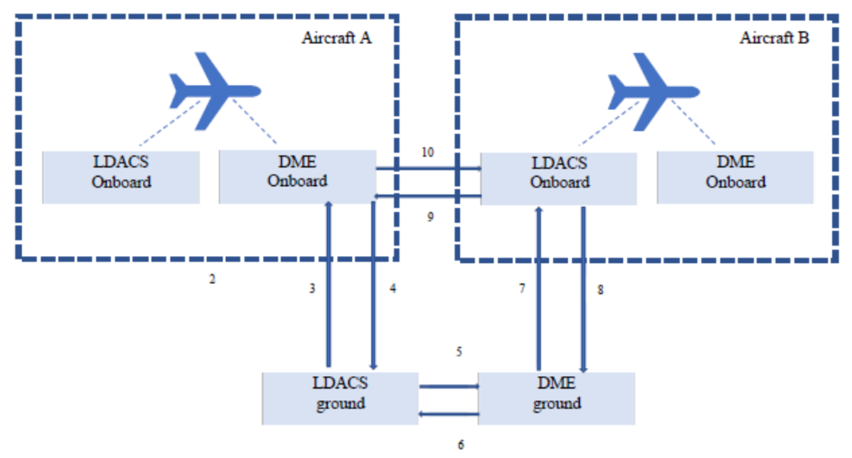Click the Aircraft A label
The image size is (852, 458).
(336, 38)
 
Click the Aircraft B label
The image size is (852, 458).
(774, 38)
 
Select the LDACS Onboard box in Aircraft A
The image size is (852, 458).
(121, 177)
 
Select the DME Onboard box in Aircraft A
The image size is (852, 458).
(297, 177)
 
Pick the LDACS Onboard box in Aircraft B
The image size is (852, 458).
(559, 178)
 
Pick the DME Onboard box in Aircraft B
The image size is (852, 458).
(735, 177)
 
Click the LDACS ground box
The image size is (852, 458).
(340, 398)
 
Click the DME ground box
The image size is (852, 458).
(556, 398)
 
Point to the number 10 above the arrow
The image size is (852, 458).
(428, 152)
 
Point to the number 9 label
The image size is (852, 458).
(430, 217)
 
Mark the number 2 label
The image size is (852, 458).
(212, 279)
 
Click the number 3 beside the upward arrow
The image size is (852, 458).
(312, 288)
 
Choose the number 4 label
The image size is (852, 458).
(393, 288)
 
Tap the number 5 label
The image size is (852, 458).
(459, 352)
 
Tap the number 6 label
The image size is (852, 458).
(460, 444)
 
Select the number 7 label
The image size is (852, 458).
(522, 288)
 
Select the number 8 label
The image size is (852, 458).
(600, 290)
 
